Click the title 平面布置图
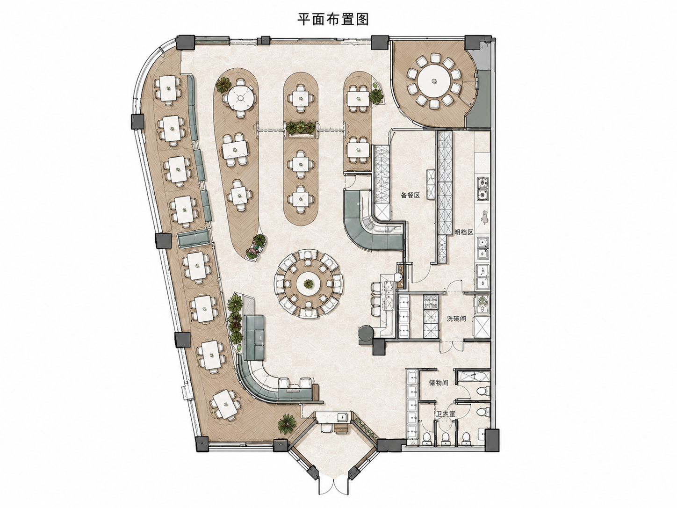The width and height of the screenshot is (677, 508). tap(333, 20)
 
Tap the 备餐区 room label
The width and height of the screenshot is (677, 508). tap(410, 195)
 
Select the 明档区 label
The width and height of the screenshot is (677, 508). tap(464, 232)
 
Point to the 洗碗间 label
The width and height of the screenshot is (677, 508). tap(456, 319)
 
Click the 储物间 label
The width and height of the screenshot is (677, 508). tap(439, 383)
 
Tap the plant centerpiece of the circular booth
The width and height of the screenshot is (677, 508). tap(308, 283)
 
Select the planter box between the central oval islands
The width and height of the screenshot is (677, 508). tap(301, 128)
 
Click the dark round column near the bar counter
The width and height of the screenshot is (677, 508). tap(366, 334)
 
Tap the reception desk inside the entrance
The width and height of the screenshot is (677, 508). tap(333, 418)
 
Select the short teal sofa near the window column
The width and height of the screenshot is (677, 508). tap(194, 238)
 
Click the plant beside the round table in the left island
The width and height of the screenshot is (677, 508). tap(223, 85)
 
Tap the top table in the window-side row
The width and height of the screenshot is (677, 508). tap(168, 88)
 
